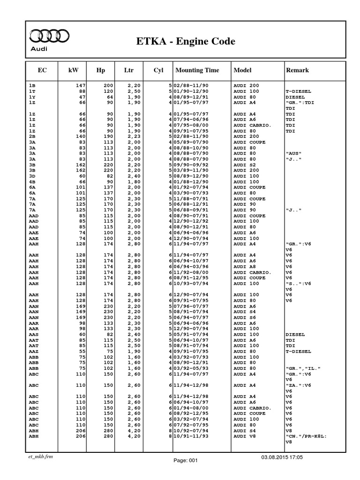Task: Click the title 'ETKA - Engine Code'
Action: point(185,42)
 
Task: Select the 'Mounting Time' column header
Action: point(197,70)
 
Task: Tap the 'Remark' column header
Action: point(297,70)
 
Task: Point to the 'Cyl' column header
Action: point(158,70)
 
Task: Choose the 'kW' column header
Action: point(74,70)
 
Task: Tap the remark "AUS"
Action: point(293,153)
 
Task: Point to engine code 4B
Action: point(32,181)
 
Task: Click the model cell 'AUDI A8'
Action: point(245,266)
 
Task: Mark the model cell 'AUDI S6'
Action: point(245,318)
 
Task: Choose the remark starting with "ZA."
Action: point(298,385)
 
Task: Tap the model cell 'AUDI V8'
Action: point(245,436)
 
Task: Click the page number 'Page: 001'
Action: point(186,461)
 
